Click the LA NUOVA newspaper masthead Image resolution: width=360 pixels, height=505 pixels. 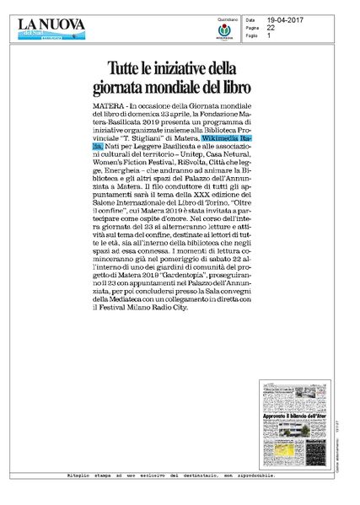click(51, 24)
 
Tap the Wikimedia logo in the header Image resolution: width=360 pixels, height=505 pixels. click(225, 31)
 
